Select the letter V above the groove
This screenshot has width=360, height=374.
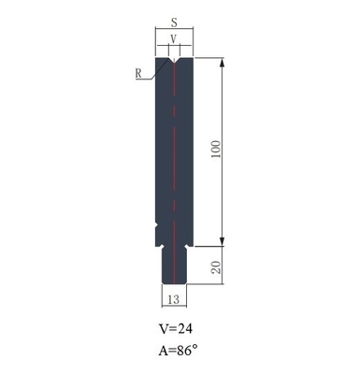coord(174,39)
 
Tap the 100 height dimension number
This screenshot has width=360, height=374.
coord(217,151)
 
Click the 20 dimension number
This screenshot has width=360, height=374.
coord(217,268)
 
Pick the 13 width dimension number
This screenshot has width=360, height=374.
coord(174,299)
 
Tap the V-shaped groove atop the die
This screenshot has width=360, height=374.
coord(174,63)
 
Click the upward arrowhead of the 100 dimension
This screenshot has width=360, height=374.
coord(223,64)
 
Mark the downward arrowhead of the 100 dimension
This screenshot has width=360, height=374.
coord(223,238)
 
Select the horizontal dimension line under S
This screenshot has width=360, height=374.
coord(174,30)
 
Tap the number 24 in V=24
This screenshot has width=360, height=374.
coord(186,329)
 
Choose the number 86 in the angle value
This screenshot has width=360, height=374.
coord(187,352)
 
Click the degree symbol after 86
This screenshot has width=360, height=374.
coord(197,348)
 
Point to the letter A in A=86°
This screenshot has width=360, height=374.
coord(164,352)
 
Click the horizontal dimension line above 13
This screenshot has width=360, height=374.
coord(174,291)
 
